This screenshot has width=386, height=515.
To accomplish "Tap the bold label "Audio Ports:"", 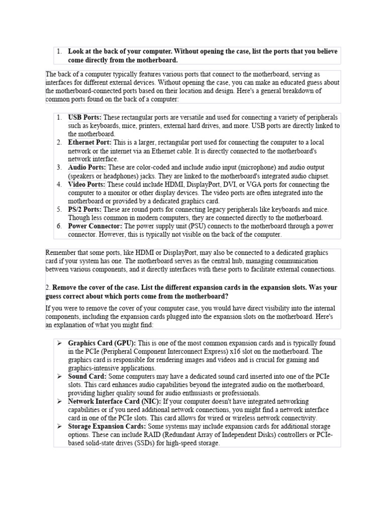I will [x=87, y=167].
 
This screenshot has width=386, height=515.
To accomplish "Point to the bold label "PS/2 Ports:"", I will [x=85, y=209].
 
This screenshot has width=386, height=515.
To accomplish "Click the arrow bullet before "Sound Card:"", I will [x=59, y=376].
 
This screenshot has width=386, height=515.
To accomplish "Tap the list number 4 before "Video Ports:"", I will [x=59, y=185].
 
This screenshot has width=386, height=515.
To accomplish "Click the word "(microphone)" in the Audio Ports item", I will [x=227, y=167].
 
